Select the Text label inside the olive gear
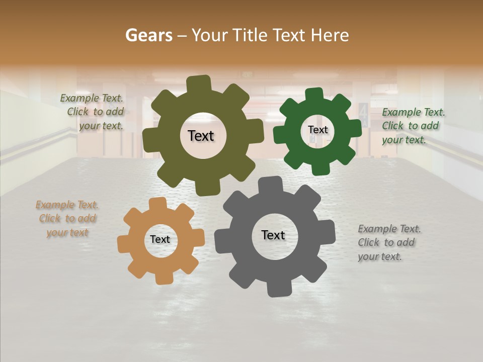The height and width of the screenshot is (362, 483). pyautogui.click(x=201, y=136)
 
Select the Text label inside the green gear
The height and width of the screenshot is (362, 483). pyautogui.click(x=317, y=130)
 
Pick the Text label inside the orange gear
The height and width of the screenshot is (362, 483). pyautogui.click(x=160, y=239)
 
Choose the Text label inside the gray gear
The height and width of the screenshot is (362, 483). pyautogui.click(x=273, y=235)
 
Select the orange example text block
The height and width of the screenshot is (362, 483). pyautogui.click(x=67, y=219)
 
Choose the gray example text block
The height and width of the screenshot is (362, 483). pyautogui.click(x=389, y=242)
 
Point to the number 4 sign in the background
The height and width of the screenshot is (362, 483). pyautogui.click(x=363, y=115)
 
